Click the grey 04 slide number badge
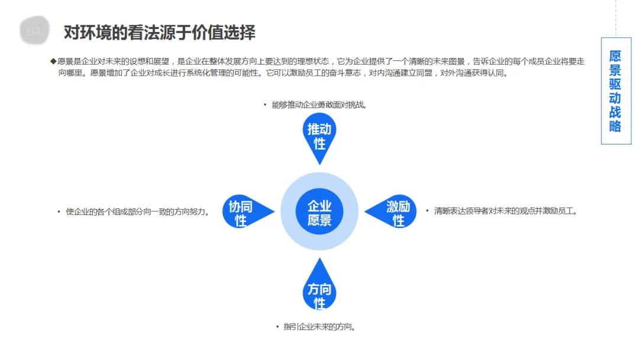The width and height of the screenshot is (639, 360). [x=34, y=31]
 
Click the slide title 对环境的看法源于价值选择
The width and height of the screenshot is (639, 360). [x=160, y=32]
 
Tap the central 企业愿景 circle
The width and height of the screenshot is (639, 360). [x=319, y=213]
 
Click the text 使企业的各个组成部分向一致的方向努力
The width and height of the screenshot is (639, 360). [x=137, y=211]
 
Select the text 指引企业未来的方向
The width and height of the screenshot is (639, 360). [x=319, y=327]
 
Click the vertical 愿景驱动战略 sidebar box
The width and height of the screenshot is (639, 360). [x=615, y=91]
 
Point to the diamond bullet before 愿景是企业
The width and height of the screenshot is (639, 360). [x=53, y=62]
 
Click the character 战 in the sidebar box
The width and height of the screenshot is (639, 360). [x=615, y=112]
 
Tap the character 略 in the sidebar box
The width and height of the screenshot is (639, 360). [x=615, y=126]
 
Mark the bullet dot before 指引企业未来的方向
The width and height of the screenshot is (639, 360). [x=276, y=327]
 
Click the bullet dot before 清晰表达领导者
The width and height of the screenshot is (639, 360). [x=427, y=211]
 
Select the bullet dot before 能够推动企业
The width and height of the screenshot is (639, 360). [x=265, y=105]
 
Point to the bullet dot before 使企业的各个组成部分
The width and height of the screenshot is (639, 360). [x=59, y=211]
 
